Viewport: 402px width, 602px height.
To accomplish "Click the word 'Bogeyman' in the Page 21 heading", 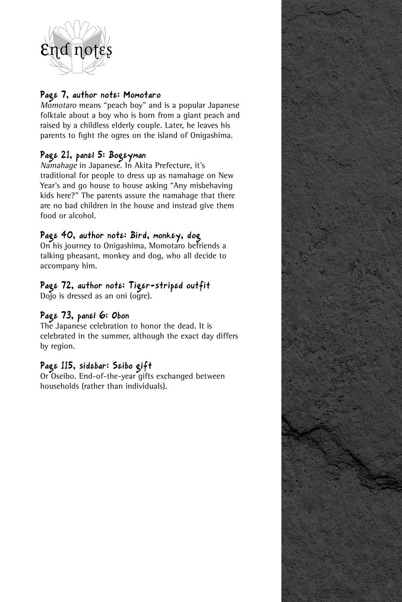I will click(127, 155).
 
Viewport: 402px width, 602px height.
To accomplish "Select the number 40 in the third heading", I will click(67, 236).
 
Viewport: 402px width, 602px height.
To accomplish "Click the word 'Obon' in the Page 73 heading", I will click(120, 316).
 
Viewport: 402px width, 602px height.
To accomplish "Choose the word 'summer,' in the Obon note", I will click(116, 336).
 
